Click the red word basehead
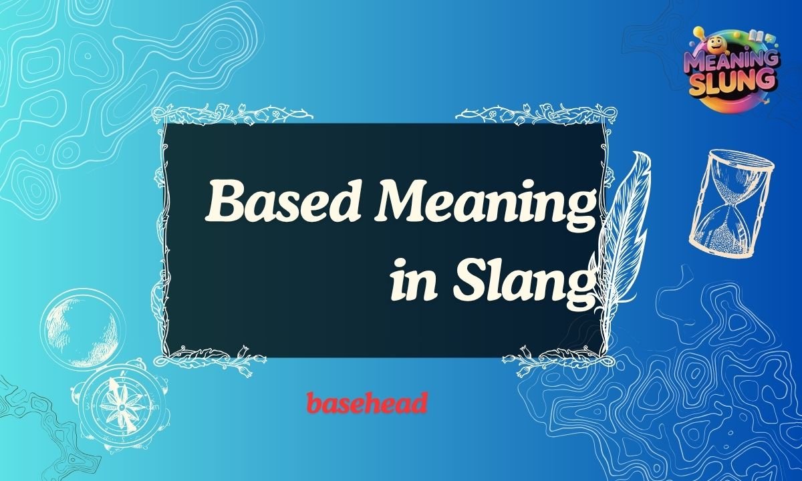367,404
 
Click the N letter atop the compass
120,364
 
